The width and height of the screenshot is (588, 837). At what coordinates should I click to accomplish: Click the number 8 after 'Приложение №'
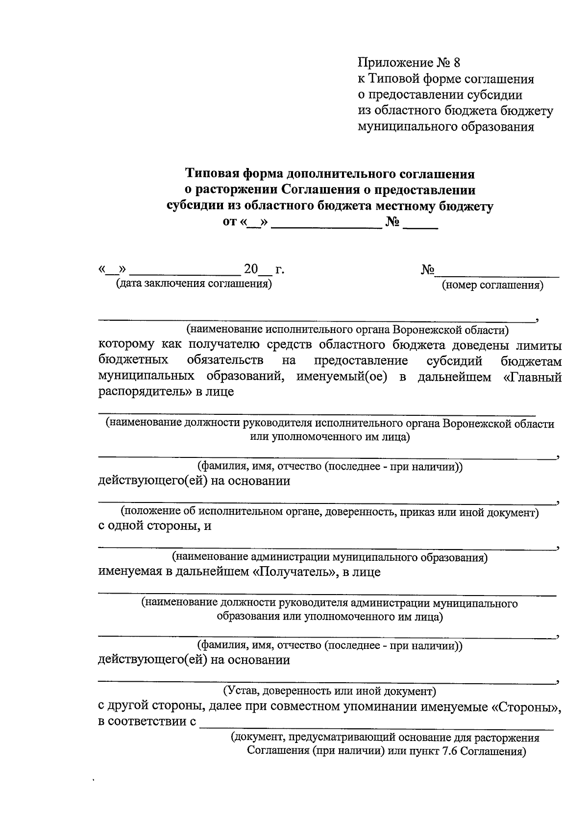[x=457, y=63]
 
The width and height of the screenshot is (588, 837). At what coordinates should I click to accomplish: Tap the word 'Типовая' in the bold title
[x=209, y=174]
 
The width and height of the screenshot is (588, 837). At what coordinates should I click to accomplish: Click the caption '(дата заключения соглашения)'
[x=193, y=284]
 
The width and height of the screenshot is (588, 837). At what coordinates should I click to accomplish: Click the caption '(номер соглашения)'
[x=492, y=285]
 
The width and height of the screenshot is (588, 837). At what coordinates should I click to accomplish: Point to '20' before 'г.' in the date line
[x=251, y=269]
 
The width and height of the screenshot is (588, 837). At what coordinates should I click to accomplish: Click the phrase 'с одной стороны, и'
[x=155, y=526]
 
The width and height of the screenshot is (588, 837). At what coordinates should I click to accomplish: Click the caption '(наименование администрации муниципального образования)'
[x=329, y=557]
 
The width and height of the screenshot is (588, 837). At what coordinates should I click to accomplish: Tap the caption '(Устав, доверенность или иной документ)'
[x=329, y=691]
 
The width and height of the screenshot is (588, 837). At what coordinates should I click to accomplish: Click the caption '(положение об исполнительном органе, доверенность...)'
[x=330, y=512]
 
